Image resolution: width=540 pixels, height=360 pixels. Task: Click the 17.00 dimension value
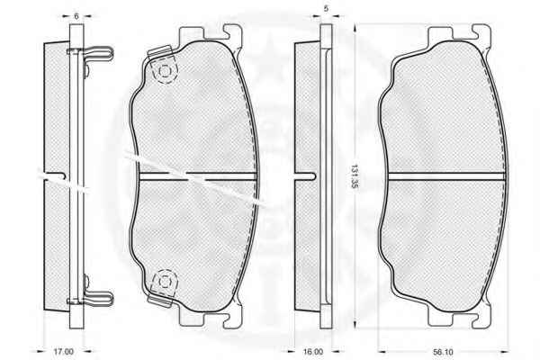(x=63, y=352)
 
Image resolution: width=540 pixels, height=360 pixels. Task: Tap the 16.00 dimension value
(x=313, y=352)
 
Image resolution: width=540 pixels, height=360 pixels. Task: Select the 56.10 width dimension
(x=443, y=352)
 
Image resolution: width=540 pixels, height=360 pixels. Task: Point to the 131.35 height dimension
(x=354, y=176)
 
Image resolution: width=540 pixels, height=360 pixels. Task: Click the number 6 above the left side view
(x=76, y=16)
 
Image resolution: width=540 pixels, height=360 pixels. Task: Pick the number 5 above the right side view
(x=326, y=9)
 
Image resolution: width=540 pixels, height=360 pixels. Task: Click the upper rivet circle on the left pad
(x=165, y=71)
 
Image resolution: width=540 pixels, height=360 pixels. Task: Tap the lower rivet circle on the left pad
(x=165, y=282)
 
